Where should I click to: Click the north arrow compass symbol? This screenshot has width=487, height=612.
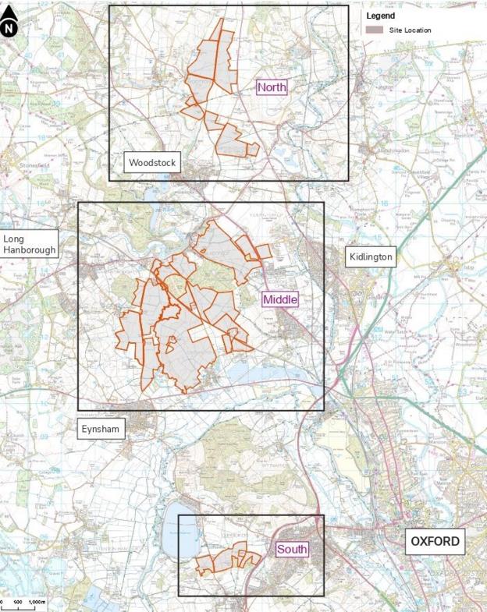pos(9,27)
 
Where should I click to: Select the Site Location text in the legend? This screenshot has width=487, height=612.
pos(410,30)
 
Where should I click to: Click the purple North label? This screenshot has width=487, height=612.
pos(272,87)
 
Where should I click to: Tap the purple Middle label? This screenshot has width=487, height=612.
pos(280,299)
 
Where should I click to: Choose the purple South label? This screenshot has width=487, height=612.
pos(292,550)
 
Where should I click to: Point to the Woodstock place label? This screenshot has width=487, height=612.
pos(152,163)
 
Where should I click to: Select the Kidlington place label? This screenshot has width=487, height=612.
pos(371,256)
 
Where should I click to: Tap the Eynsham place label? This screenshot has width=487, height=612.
pos(101,429)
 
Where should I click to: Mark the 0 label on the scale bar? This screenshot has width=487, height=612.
pos(2,603)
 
